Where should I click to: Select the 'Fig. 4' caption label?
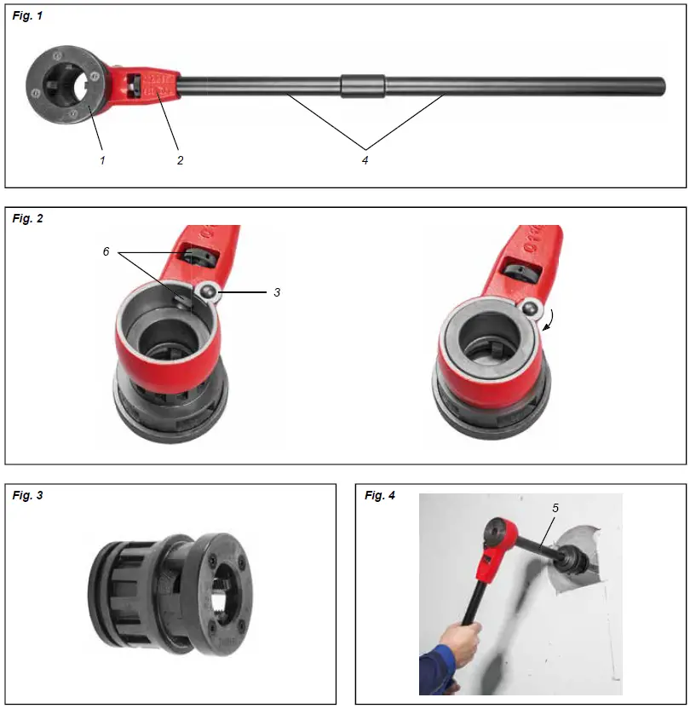pyautogui.click(x=379, y=495)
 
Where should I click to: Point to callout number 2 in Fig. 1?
pyautogui.click(x=180, y=159)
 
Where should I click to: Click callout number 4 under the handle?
pyautogui.click(x=365, y=159)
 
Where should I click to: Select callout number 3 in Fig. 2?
pyautogui.click(x=276, y=291)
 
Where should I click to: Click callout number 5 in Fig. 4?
pyautogui.click(x=555, y=508)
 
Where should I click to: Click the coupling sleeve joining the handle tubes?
pyautogui.click(x=362, y=86)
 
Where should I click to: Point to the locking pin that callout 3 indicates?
pyautogui.click(x=207, y=294)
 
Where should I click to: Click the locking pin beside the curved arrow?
pyautogui.click(x=530, y=308)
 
